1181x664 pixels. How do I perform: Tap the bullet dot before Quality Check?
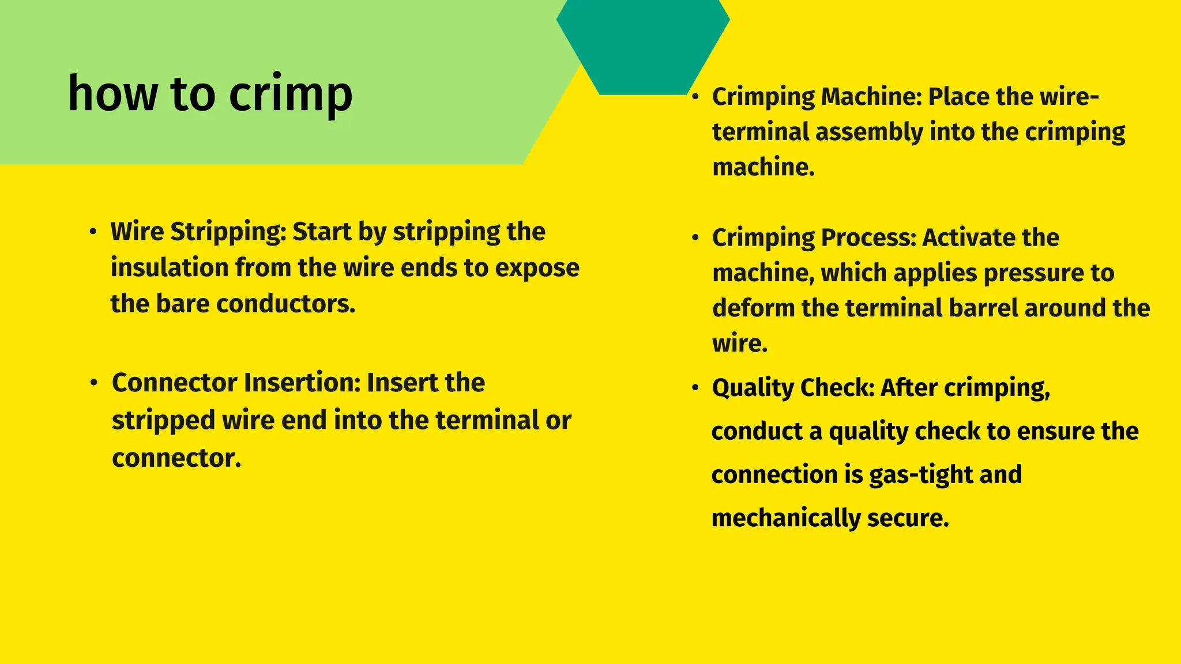[695, 387]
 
